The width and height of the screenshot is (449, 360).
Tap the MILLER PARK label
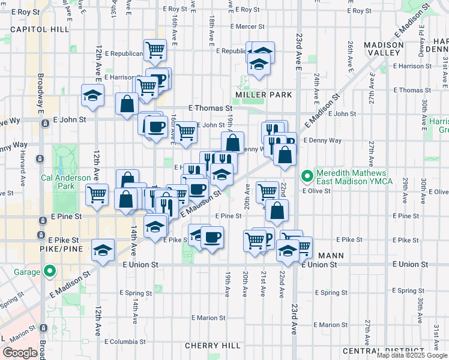(264, 95)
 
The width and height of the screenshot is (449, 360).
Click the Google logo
(20, 353)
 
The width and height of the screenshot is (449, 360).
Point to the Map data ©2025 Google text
(412, 355)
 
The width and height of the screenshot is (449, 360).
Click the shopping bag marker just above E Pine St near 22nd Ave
(277, 211)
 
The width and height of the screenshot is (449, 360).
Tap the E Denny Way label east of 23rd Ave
(322, 140)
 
